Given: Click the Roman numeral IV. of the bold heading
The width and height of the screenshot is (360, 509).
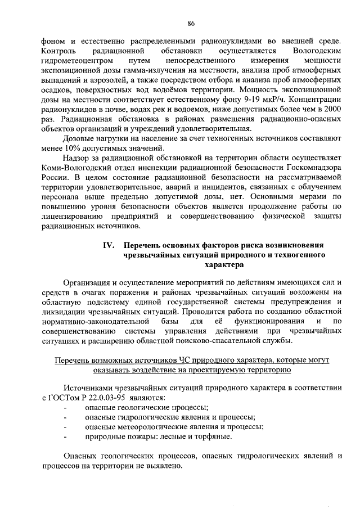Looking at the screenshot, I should coord(109,245).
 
